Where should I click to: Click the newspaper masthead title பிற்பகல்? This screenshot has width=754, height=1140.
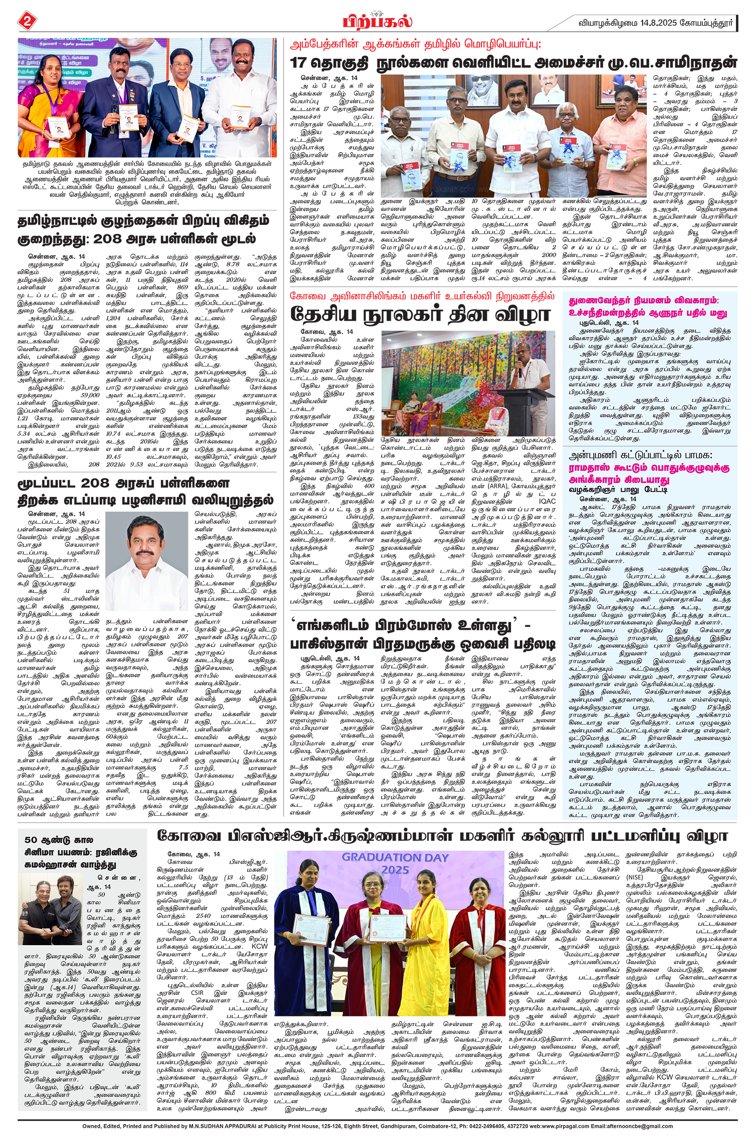click(x=377, y=22)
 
